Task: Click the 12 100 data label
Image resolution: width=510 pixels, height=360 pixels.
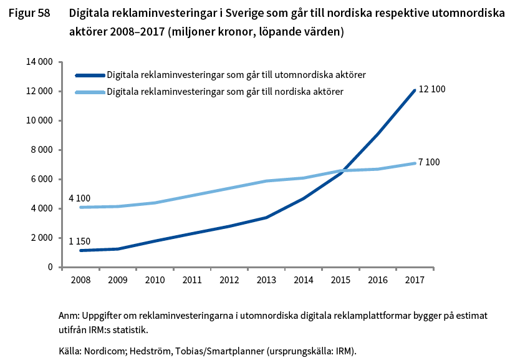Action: click(x=431, y=89)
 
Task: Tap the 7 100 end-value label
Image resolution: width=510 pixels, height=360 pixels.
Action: click(x=429, y=162)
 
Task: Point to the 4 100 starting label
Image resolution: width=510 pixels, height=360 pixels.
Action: click(x=80, y=198)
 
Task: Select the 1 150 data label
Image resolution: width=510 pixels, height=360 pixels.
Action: click(x=80, y=240)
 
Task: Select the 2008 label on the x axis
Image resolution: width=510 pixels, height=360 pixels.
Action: click(x=80, y=280)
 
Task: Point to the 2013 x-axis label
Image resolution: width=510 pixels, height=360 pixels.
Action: click(x=266, y=280)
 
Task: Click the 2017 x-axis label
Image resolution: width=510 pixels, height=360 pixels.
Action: click(x=415, y=280)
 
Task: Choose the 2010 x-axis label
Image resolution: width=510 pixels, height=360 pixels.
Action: click(x=155, y=280)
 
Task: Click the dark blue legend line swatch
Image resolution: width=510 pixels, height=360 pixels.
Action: click(x=90, y=75)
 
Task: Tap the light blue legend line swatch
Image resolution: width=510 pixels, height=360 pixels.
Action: click(x=90, y=92)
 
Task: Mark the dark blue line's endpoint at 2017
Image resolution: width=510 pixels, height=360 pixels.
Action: click(x=415, y=90)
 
